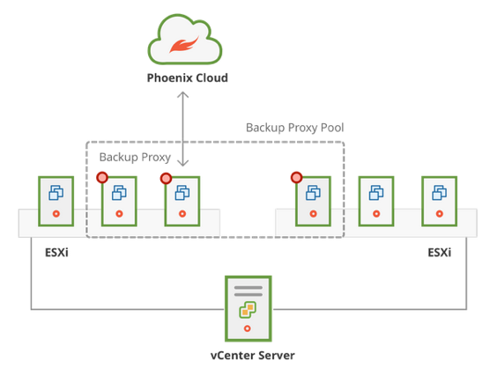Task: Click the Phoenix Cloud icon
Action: coord(185,40)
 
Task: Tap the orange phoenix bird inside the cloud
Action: coord(184,45)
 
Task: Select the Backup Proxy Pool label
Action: coord(295,128)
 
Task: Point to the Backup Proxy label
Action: coord(135,157)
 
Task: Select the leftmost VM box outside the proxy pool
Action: coord(56,201)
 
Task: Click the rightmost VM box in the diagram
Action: coord(440,201)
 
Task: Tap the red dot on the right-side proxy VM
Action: coord(296,178)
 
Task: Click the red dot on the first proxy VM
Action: coord(102,178)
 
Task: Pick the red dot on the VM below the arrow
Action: coord(166,179)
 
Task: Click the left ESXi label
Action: coord(56,253)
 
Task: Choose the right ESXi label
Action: coord(440,253)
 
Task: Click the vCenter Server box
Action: coord(248,308)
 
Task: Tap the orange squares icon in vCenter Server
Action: coord(248,309)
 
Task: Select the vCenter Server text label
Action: coord(253,356)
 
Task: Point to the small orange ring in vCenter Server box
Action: coord(248,328)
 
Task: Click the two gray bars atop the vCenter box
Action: coord(248,291)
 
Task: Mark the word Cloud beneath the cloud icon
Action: coord(211,77)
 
